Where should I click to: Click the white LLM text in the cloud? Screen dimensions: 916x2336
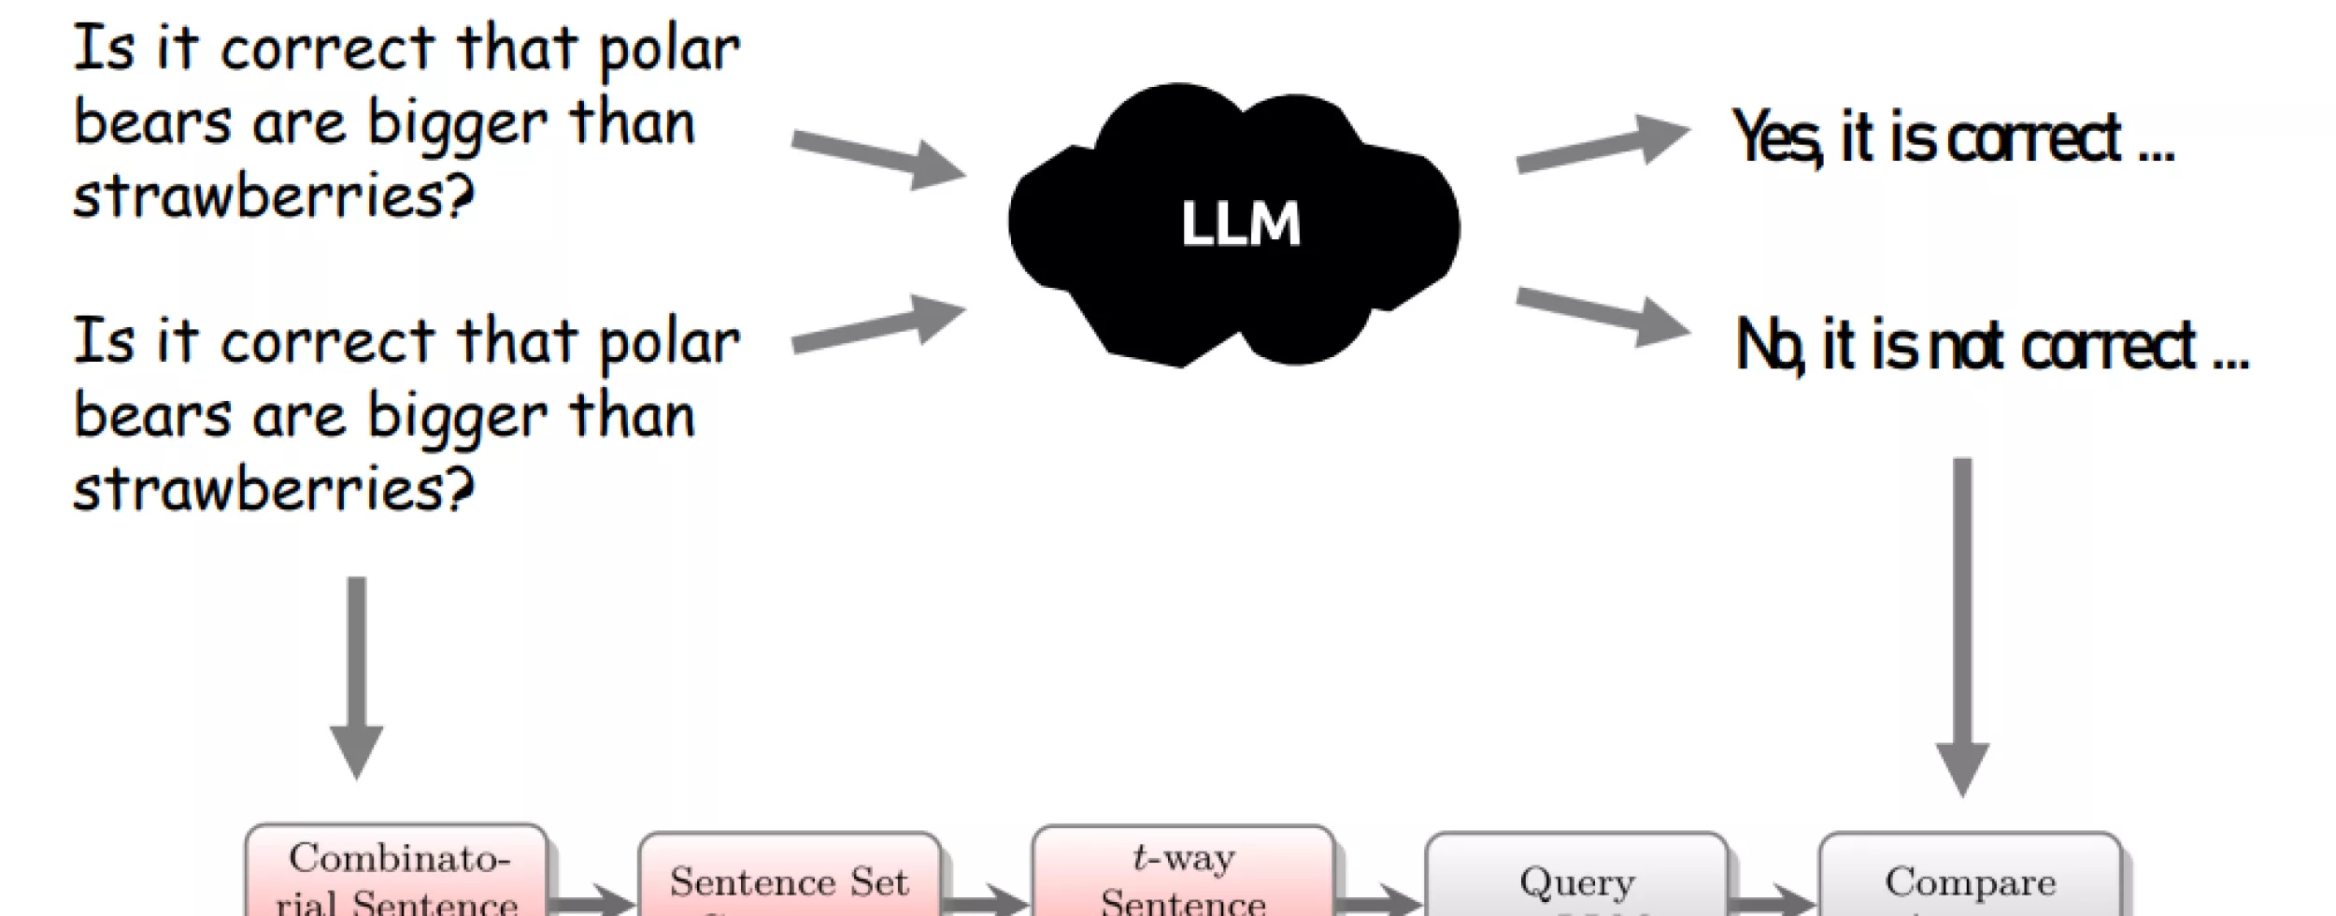point(1240,224)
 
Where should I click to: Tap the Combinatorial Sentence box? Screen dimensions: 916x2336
point(397,875)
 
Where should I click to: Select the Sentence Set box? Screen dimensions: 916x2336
point(790,879)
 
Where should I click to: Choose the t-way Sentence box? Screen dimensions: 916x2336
point(1183,875)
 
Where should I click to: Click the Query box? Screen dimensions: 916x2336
point(1576,879)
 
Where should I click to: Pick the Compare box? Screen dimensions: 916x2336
point(1970,879)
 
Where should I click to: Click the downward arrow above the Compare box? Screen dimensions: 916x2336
point(1962,626)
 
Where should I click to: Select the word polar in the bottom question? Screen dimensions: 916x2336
point(669,344)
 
